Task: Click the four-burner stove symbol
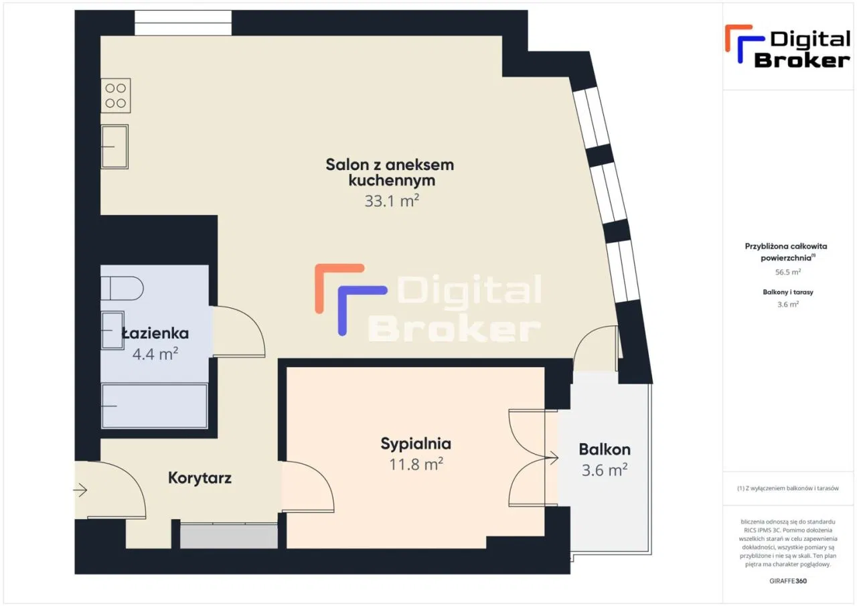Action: [115, 95]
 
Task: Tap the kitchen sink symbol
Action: [114, 147]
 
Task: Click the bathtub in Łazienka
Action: [154, 406]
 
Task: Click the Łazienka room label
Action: [155, 333]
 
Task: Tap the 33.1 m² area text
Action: [392, 200]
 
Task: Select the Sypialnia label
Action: [416, 443]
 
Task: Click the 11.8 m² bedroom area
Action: [416, 463]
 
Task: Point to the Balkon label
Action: [605, 449]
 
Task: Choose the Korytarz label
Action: [200, 478]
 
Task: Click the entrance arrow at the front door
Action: [80, 491]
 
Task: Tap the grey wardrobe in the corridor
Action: [228, 536]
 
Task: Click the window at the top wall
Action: [183, 23]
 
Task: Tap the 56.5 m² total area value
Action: [788, 273]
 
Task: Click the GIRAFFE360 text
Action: [788, 581]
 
